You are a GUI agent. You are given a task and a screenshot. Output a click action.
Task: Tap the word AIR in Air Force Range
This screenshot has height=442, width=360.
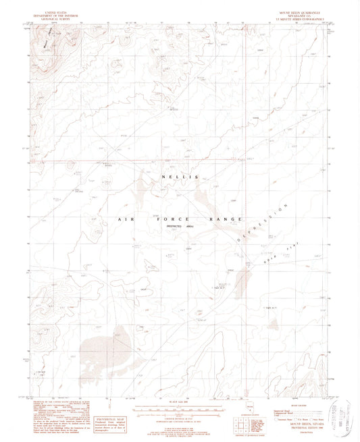point(124,219)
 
